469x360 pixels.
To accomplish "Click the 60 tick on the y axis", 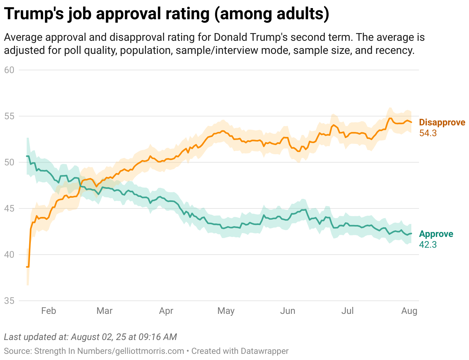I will pos(9,70).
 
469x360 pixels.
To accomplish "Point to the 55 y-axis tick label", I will pos(9,116).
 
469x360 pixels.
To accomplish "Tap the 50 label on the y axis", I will pos(9,162).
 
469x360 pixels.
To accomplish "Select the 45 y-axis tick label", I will pos(9,208).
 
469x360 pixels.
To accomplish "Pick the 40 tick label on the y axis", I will pos(9,254).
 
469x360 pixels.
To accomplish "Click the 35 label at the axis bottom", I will pos(9,300).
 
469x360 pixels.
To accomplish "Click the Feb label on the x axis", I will pos(48,311).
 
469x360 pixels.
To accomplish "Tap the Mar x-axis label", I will pos(104,311).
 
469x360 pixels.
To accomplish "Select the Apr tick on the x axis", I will pos(166,311).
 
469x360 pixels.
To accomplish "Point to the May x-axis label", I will pos(226,311).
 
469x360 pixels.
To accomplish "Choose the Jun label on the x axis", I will pos(288,311).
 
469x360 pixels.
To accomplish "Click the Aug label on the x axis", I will pos(409,311).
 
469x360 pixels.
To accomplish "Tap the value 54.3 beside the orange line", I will pos(428,133).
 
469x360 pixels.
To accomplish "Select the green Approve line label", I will pos(436,234).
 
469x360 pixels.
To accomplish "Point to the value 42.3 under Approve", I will pos(428,245).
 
